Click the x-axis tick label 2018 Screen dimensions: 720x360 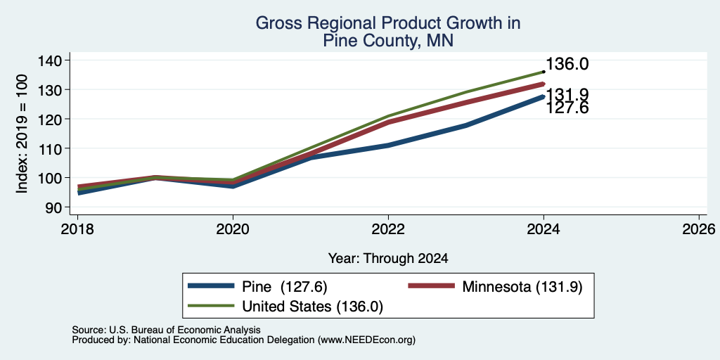click(x=77, y=229)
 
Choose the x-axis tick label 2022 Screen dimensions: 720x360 click(x=388, y=229)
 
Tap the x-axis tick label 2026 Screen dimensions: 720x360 click(x=699, y=229)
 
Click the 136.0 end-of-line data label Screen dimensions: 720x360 click(x=567, y=64)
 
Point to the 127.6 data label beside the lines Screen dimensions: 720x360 click(x=567, y=108)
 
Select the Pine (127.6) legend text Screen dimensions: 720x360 click(x=284, y=287)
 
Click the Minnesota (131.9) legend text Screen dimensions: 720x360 click(x=522, y=287)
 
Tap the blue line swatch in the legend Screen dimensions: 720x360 click(x=211, y=286)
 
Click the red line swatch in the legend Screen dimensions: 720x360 click(x=431, y=286)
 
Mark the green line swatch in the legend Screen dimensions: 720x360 click(x=211, y=305)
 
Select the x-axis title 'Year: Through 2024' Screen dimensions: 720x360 click(x=388, y=259)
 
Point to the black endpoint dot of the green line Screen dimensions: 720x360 click(x=544, y=72)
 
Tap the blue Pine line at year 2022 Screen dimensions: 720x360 click(x=388, y=145)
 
